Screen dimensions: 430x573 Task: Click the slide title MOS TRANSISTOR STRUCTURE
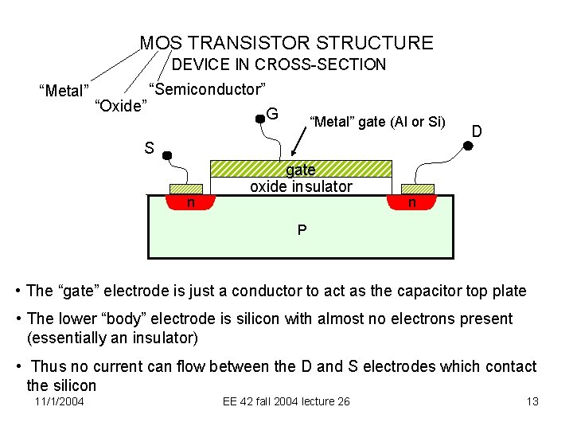[x=286, y=43]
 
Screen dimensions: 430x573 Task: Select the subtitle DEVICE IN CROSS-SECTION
[x=279, y=64]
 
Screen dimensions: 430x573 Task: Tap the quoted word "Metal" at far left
[x=64, y=91]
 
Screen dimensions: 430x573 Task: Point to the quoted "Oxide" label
[x=120, y=106]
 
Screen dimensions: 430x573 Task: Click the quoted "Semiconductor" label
[x=207, y=88]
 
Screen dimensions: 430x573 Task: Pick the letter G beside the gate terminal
[x=272, y=114]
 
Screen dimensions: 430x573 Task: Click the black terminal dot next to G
[x=259, y=119]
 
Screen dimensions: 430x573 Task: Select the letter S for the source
[x=149, y=147]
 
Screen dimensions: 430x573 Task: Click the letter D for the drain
[x=477, y=130]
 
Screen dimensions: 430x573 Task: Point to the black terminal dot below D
[x=469, y=145]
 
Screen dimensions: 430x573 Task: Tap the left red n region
[x=191, y=202]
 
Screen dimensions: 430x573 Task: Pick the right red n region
[x=411, y=202]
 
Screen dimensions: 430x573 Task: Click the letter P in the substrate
[x=302, y=230]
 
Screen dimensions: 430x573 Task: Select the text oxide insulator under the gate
[x=301, y=187]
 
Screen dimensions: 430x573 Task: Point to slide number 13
[x=532, y=401]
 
